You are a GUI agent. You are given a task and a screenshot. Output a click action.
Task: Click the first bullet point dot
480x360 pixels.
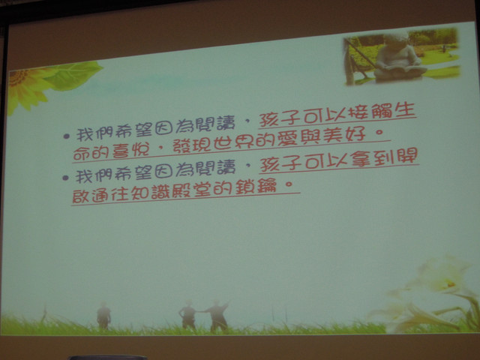tap(67, 136)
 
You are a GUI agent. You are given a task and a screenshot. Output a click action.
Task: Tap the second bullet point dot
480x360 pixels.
tap(65, 178)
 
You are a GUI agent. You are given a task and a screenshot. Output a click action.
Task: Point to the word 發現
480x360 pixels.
tap(191, 145)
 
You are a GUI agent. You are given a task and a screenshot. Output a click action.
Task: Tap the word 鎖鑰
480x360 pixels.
tap(256, 187)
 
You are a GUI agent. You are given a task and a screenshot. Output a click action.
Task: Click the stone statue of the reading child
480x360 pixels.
tap(397, 58)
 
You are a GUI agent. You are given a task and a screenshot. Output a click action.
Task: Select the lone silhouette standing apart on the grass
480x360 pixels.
tap(103, 316)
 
